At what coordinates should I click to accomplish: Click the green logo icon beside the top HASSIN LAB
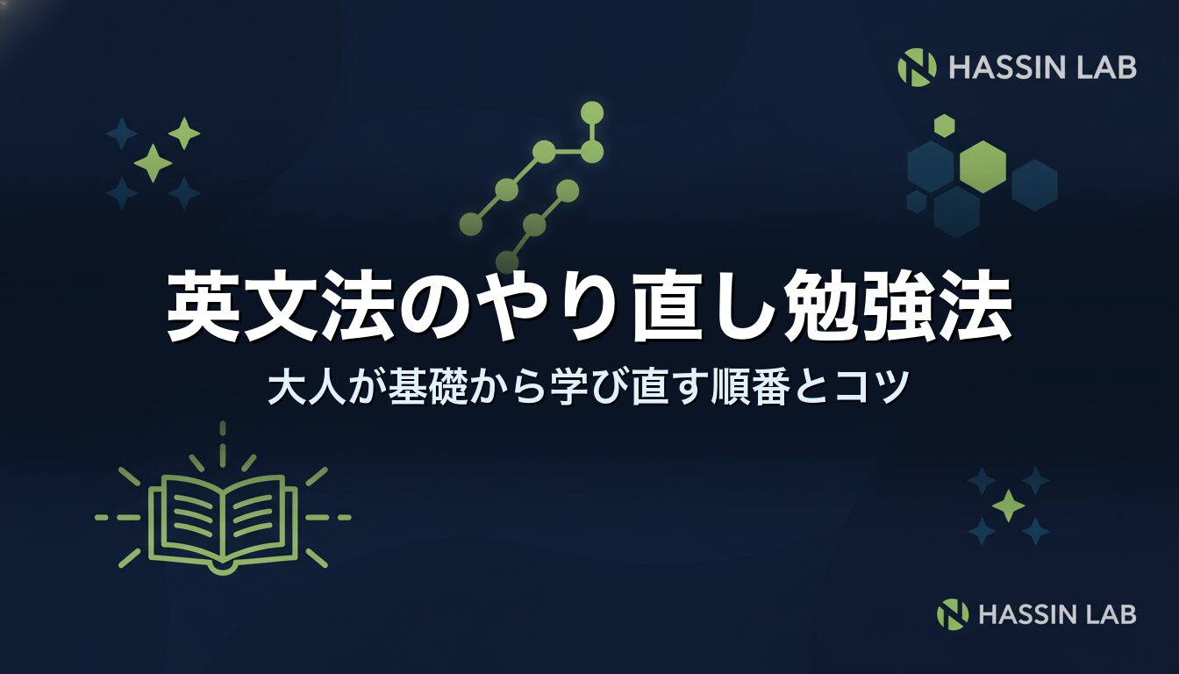click(917, 67)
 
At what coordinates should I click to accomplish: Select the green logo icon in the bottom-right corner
click(953, 614)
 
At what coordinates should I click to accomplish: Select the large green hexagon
click(982, 167)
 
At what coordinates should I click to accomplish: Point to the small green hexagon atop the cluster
click(944, 125)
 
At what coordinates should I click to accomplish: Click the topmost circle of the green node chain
click(592, 113)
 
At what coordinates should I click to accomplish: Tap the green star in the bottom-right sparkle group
click(1009, 505)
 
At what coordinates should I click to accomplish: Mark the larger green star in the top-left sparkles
click(154, 163)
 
